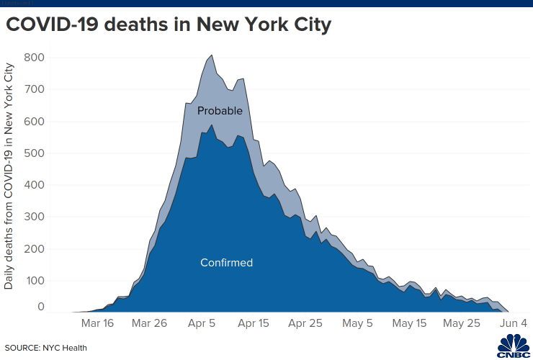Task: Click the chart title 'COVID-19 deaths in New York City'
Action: (x=169, y=26)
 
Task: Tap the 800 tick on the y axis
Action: (x=35, y=58)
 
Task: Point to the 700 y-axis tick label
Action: (x=35, y=89)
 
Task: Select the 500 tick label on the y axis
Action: (x=35, y=153)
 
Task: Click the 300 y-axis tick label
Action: (x=35, y=216)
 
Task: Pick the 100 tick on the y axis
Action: (x=35, y=279)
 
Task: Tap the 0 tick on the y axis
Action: (x=41, y=307)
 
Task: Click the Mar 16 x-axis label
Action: (x=98, y=323)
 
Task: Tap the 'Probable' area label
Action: (x=220, y=111)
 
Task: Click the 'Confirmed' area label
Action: (x=226, y=263)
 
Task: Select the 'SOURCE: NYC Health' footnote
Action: (x=46, y=348)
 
